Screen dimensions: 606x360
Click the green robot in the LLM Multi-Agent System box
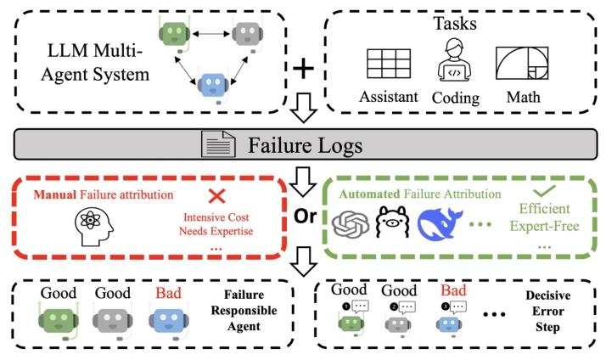tap(174, 34)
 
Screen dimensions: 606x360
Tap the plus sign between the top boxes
tap(303, 69)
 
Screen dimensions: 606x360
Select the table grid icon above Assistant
tap(389, 64)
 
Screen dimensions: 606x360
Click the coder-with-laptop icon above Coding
tap(454, 61)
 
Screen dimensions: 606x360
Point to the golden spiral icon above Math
tap(522, 64)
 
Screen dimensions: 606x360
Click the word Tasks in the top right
tap(455, 23)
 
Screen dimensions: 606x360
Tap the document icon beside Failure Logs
tap(218, 144)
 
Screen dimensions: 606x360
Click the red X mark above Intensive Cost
tap(216, 196)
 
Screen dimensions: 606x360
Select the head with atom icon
tap(94, 226)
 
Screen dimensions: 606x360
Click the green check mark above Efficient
tap(544, 191)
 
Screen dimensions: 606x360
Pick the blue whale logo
tap(440, 223)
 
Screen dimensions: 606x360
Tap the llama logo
tap(393, 222)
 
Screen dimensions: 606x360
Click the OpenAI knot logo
tap(351, 224)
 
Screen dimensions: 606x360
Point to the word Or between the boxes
tap(306, 217)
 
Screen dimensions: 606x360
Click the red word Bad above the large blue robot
tap(169, 293)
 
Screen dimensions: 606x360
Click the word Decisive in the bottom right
tap(547, 295)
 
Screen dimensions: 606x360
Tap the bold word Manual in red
tap(55, 194)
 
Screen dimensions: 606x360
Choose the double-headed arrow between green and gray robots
tap(211, 34)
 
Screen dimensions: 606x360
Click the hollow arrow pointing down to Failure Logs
tap(304, 108)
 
